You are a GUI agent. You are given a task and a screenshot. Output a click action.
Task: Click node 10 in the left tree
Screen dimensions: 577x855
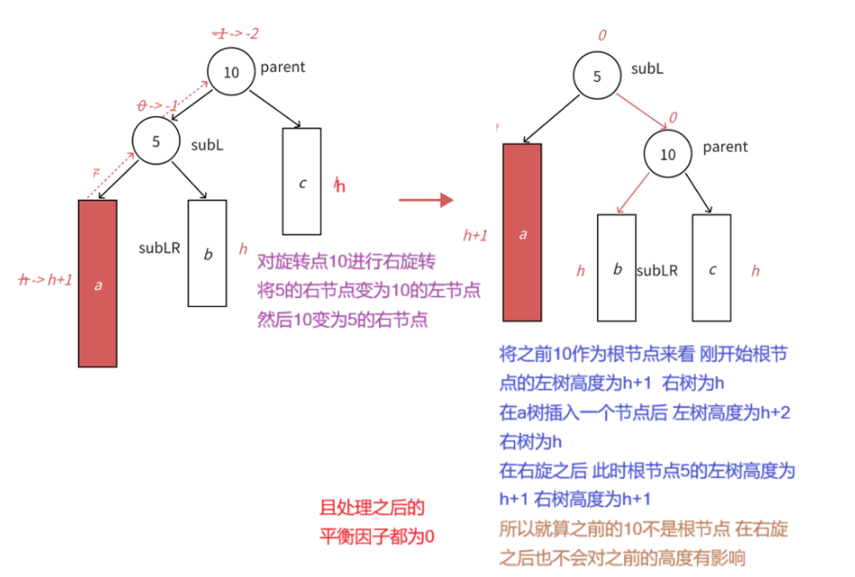point(231,72)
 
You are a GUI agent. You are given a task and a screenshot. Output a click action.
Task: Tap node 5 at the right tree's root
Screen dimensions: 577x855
point(597,76)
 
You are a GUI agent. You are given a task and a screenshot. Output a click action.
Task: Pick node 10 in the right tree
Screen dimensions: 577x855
point(668,154)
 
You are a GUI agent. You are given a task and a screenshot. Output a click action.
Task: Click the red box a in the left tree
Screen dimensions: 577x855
point(97,283)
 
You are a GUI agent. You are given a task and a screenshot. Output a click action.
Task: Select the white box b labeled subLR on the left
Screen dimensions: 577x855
point(207,253)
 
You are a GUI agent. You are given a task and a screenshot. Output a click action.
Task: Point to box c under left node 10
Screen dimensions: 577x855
point(302,181)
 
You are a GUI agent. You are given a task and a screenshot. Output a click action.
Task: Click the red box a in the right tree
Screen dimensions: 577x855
point(522,233)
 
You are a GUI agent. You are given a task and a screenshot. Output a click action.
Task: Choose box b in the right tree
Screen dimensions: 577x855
point(617,269)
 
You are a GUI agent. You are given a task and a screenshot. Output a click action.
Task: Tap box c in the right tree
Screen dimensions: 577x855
point(711,269)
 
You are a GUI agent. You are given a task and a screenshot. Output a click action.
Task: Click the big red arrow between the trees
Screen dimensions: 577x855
point(426,199)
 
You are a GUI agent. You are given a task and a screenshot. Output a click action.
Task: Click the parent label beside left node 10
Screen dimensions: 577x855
point(283,67)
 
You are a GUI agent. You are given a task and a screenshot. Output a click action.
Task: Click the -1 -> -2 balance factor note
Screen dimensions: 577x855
point(234,34)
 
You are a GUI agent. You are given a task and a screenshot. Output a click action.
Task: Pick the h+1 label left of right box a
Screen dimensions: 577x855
point(476,235)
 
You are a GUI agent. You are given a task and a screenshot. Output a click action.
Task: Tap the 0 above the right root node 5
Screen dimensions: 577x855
point(601,35)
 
